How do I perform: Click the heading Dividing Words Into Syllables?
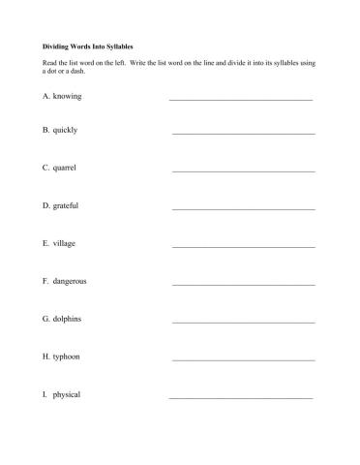point(88,46)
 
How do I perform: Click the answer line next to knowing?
point(240,99)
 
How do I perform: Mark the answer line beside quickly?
point(243,133)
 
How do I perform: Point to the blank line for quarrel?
point(243,170)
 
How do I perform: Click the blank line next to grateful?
point(243,208)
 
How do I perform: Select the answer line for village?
point(243,246)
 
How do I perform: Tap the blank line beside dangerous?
point(243,284)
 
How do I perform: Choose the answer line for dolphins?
point(243,322)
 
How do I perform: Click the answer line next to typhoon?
point(243,359)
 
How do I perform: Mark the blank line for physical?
point(240,397)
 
